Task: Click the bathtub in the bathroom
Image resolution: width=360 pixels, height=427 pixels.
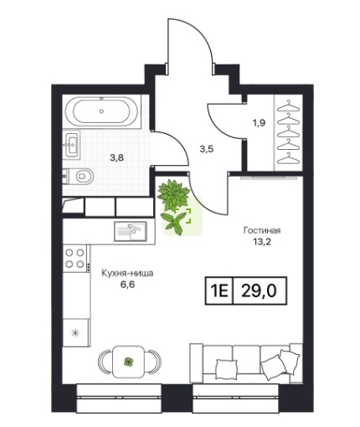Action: [101, 111]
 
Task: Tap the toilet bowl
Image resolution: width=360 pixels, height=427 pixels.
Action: [81, 176]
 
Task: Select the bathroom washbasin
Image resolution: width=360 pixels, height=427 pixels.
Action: [72, 145]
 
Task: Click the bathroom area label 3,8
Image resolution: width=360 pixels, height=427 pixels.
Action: [116, 158]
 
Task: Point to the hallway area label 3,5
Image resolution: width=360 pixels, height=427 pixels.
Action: [207, 149]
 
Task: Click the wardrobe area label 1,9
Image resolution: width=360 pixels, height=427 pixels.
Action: [259, 122]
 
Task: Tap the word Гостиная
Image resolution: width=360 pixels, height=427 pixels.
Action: [262, 230]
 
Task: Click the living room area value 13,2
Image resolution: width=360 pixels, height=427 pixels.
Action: [262, 242]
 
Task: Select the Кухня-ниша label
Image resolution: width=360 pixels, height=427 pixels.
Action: [127, 273]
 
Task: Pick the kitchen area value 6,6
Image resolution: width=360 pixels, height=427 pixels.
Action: [127, 285]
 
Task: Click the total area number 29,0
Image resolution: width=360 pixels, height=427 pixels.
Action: [259, 291]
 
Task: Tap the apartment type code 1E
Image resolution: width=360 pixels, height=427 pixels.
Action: [219, 291]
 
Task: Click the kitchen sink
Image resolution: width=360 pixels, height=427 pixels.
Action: [131, 231]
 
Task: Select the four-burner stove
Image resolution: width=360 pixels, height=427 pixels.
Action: [75, 258]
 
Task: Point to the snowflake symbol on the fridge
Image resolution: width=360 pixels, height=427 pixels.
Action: [75, 332]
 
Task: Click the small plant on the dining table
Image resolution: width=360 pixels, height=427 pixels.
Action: [129, 362]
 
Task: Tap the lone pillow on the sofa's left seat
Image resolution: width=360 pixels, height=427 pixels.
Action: [226, 368]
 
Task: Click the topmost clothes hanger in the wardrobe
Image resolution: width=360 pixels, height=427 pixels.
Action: [289, 106]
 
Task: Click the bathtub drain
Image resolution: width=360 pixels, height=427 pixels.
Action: [101, 111]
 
